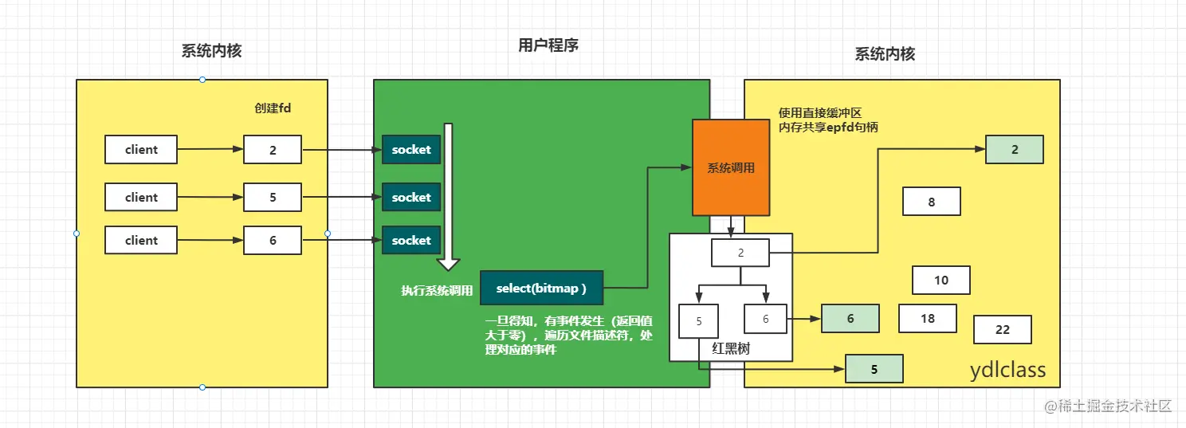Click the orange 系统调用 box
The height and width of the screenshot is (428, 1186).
click(731, 168)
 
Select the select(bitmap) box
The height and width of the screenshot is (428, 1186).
click(541, 288)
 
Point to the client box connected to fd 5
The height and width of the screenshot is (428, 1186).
click(141, 198)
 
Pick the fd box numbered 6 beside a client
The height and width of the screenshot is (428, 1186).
click(273, 241)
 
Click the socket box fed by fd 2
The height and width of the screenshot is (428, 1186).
click(411, 150)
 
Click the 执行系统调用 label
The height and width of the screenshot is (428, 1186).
click(437, 291)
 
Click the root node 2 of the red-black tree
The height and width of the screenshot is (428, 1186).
click(740, 253)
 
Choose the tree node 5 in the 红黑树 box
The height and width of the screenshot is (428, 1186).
click(698, 322)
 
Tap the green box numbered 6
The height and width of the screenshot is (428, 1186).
click(850, 319)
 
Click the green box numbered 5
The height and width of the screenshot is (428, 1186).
click(874, 370)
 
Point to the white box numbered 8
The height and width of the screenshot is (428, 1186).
click(931, 202)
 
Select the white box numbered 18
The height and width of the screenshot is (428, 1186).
click(927, 319)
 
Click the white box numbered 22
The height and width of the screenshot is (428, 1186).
click(1002, 330)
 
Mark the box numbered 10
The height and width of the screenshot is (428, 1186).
click(941, 281)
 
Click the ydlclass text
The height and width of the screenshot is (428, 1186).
click(1007, 371)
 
